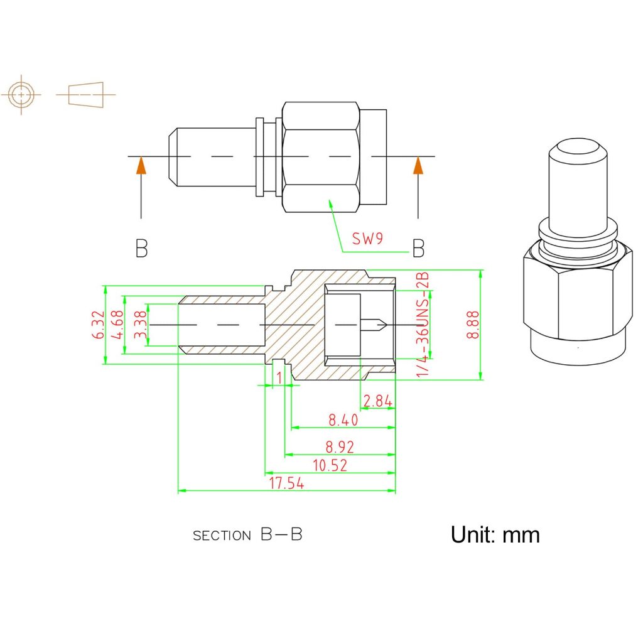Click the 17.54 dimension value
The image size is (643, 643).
coord(287,484)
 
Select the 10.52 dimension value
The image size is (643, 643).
coord(330,465)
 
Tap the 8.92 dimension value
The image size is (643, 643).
coord(340,447)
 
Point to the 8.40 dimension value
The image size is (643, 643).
coord(343,419)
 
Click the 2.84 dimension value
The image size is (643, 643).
coord(377,401)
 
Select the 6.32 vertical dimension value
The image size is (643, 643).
coord(97,325)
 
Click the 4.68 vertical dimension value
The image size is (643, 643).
coord(117,325)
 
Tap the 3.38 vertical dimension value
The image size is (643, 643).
coord(141,325)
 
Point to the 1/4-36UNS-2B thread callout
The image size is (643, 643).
coord(423,325)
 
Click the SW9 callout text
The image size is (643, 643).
coord(367,239)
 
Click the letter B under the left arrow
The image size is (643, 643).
coord(142,249)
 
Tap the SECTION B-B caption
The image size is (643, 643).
coord(247,535)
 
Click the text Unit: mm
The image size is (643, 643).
coord(495,534)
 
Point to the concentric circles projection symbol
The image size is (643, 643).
coord(22,95)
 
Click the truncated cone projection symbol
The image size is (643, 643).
coord(85,95)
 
